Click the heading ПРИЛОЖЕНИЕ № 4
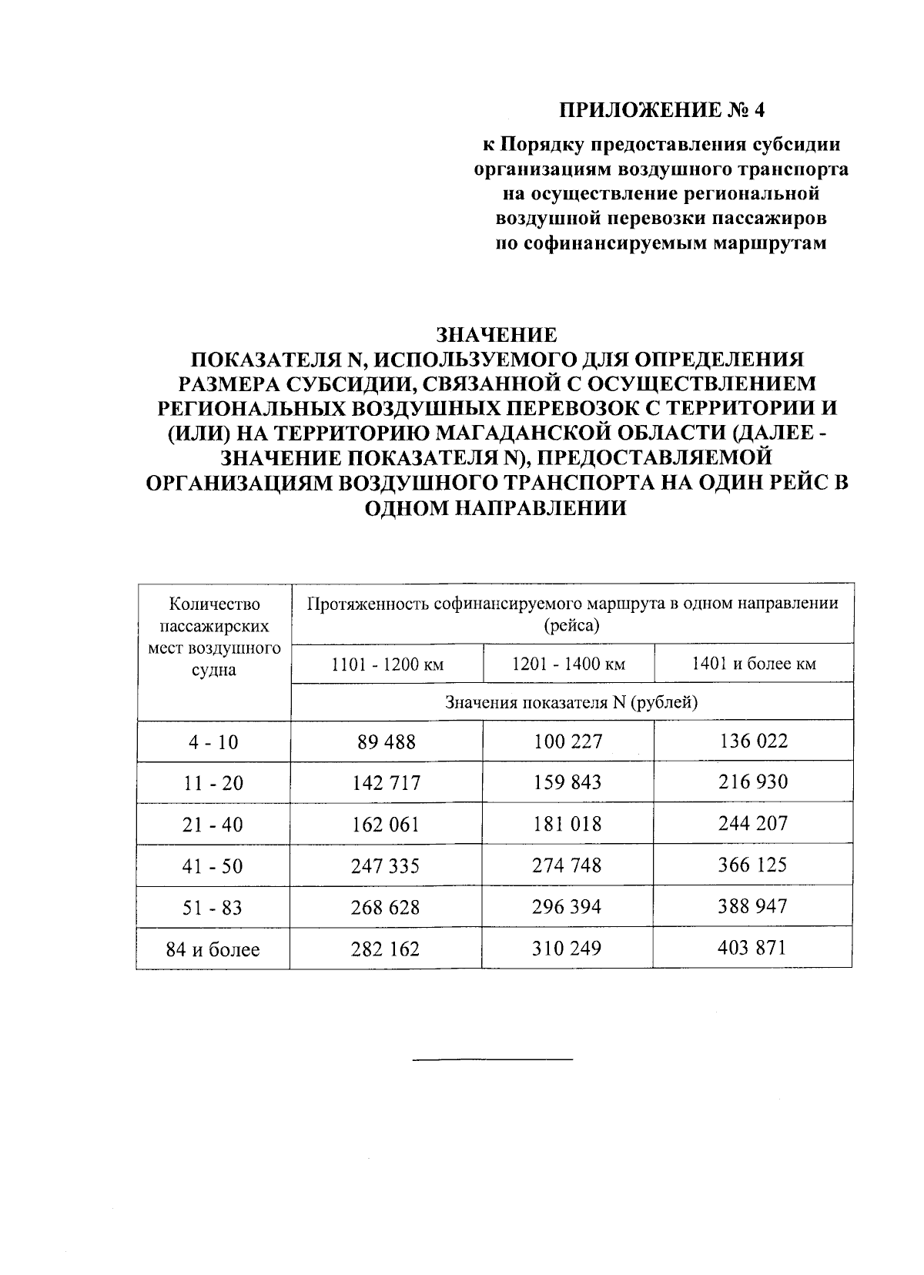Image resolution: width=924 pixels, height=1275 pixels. pos(662,109)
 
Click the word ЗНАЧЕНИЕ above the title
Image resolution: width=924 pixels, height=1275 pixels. pos(496,336)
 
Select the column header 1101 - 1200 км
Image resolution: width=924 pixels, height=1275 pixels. pos(387,664)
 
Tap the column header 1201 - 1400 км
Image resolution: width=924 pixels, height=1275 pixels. pos(568,664)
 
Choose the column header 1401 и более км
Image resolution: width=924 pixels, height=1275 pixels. pos(753,664)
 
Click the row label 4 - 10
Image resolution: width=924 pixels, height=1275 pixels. pos(213,742)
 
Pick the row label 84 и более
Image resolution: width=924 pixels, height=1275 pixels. pos(213,949)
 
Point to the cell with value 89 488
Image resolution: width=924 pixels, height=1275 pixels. pos(387,742)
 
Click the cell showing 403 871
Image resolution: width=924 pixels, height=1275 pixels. pos(752,948)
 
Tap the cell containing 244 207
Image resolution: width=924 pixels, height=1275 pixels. pos(752,824)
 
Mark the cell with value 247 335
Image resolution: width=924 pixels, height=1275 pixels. pos(387,866)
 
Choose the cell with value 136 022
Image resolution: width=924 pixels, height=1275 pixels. pos(752,741)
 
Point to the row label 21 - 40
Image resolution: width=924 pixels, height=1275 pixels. pos(213,825)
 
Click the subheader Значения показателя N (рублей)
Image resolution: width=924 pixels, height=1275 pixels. pos(571,702)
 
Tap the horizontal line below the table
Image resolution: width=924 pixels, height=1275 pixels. pos(493,1060)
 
